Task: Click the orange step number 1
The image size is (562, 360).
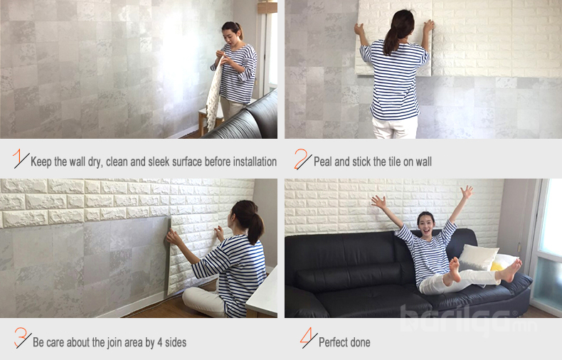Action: pyautogui.click(x=17, y=157)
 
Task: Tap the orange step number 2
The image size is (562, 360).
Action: pyautogui.click(x=300, y=159)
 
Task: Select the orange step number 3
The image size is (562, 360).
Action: pyautogui.click(x=21, y=337)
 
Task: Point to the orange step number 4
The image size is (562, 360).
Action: pyautogui.click(x=307, y=336)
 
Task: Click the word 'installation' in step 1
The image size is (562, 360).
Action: pyautogui.click(x=255, y=162)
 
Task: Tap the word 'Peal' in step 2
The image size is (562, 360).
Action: pyautogui.click(x=322, y=162)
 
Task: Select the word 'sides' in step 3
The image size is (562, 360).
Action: pyautogui.click(x=176, y=342)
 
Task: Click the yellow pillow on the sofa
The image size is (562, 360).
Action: pyautogui.click(x=496, y=266)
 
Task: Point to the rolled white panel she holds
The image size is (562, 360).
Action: pyautogui.click(x=214, y=95)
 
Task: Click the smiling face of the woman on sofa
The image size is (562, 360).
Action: pyautogui.click(x=426, y=224)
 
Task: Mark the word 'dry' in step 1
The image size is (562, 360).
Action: pyautogui.click(x=95, y=162)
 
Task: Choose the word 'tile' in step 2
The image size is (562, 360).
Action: pyautogui.click(x=395, y=162)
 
